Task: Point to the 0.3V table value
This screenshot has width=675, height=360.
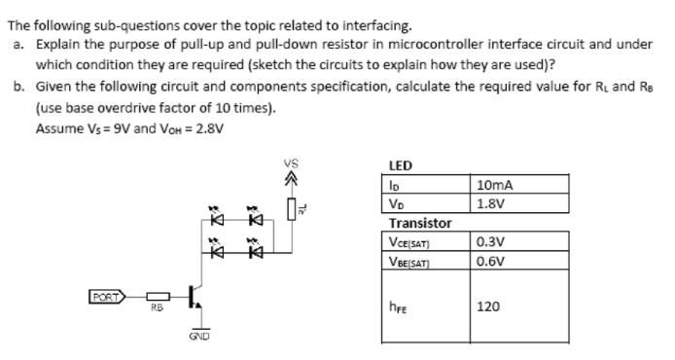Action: (x=490, y=240)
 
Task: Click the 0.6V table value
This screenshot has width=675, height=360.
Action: (x=490, y=260)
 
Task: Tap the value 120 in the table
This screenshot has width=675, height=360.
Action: (x=488, y=306)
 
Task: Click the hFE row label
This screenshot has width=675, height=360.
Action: (x=398, y=307)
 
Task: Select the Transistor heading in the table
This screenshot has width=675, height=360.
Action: (x=418, y=223)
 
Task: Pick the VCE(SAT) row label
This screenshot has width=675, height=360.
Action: (x=410, y=241)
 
